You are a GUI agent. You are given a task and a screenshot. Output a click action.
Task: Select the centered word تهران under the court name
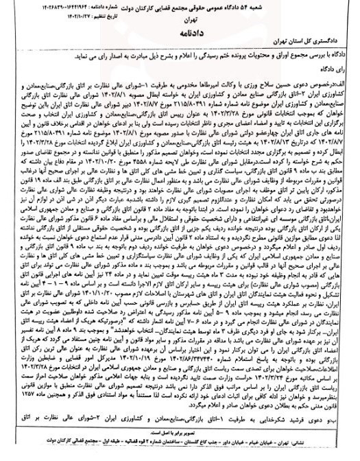pos(180,19)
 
